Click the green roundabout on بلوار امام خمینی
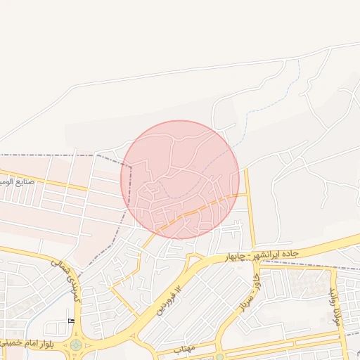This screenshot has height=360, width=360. (75, 345)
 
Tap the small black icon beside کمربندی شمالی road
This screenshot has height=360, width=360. (70, 320)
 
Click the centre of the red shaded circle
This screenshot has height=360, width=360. (180, 179)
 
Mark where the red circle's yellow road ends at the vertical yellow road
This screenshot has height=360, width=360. (247, 194)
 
